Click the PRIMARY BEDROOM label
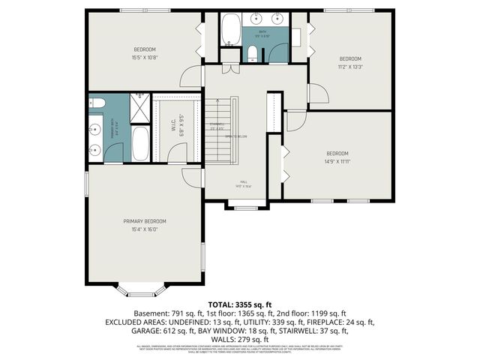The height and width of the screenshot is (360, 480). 145,221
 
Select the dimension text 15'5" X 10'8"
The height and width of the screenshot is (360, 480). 145,57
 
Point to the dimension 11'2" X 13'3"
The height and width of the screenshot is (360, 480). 350,66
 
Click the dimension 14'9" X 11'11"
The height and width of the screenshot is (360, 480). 337,160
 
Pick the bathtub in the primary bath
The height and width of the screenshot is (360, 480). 141,143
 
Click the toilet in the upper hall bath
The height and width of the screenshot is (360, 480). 253,53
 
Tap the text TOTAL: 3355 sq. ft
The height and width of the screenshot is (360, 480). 239,304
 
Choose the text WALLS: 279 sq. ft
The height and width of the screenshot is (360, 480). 239,339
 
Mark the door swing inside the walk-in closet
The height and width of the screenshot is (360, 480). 177,152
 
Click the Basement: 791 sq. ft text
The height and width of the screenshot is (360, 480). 168,313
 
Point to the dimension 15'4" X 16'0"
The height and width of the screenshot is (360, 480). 145,230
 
